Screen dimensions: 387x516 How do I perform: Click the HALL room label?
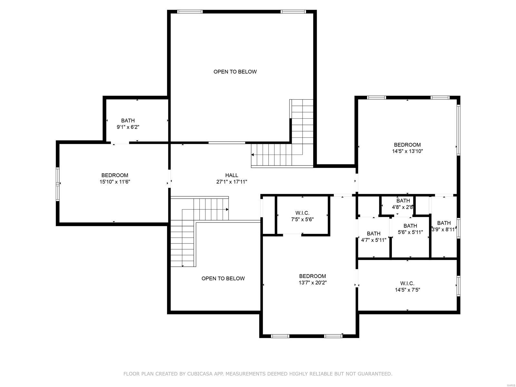(232, 175)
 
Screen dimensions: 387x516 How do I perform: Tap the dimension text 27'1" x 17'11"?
(232, 182)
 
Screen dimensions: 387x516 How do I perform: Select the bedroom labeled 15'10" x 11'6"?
(115, 179)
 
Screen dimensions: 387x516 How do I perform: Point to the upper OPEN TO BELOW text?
(235, 72)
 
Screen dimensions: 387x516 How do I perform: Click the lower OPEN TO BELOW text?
(223, 278)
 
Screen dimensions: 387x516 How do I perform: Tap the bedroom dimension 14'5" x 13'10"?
(407, 151)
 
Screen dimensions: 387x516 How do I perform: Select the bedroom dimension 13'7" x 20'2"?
(313, 283)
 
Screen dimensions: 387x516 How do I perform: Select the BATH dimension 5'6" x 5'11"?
(410, 232)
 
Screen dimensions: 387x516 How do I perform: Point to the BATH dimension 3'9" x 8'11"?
(444, 230)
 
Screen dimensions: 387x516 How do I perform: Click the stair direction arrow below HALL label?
(227, 209)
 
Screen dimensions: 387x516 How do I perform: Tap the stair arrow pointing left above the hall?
(253, 155)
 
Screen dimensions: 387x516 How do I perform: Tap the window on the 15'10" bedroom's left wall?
(58, 184)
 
